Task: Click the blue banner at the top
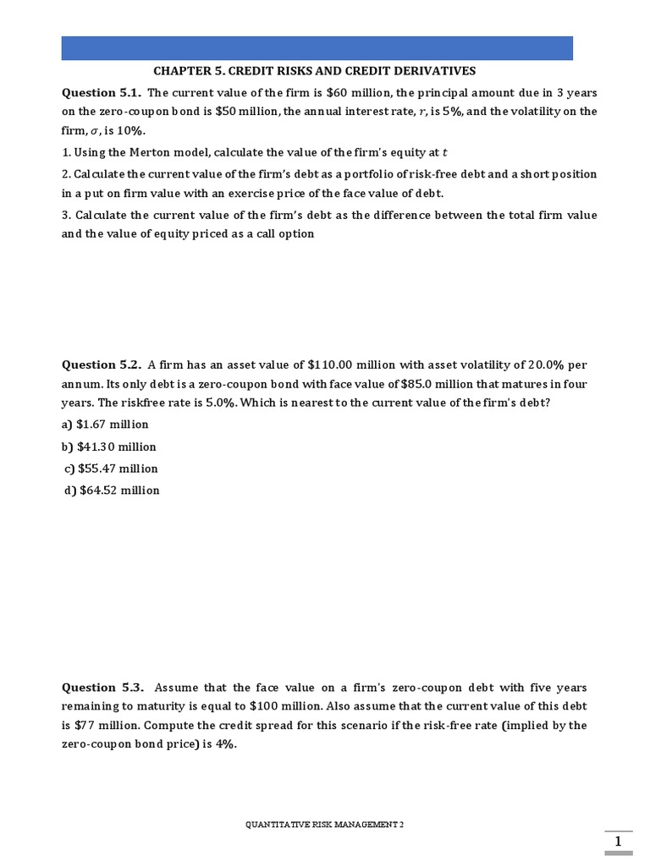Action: [x=317, y=47]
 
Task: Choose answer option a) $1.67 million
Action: [x=105, y=424]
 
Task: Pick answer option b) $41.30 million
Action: [x=108, y=447]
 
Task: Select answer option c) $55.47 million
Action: [x=111, y=469]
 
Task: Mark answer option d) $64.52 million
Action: [x=112, y=491]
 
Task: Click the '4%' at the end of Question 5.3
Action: [x=223, y=745]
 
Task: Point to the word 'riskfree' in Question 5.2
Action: [x=124, y=403]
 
